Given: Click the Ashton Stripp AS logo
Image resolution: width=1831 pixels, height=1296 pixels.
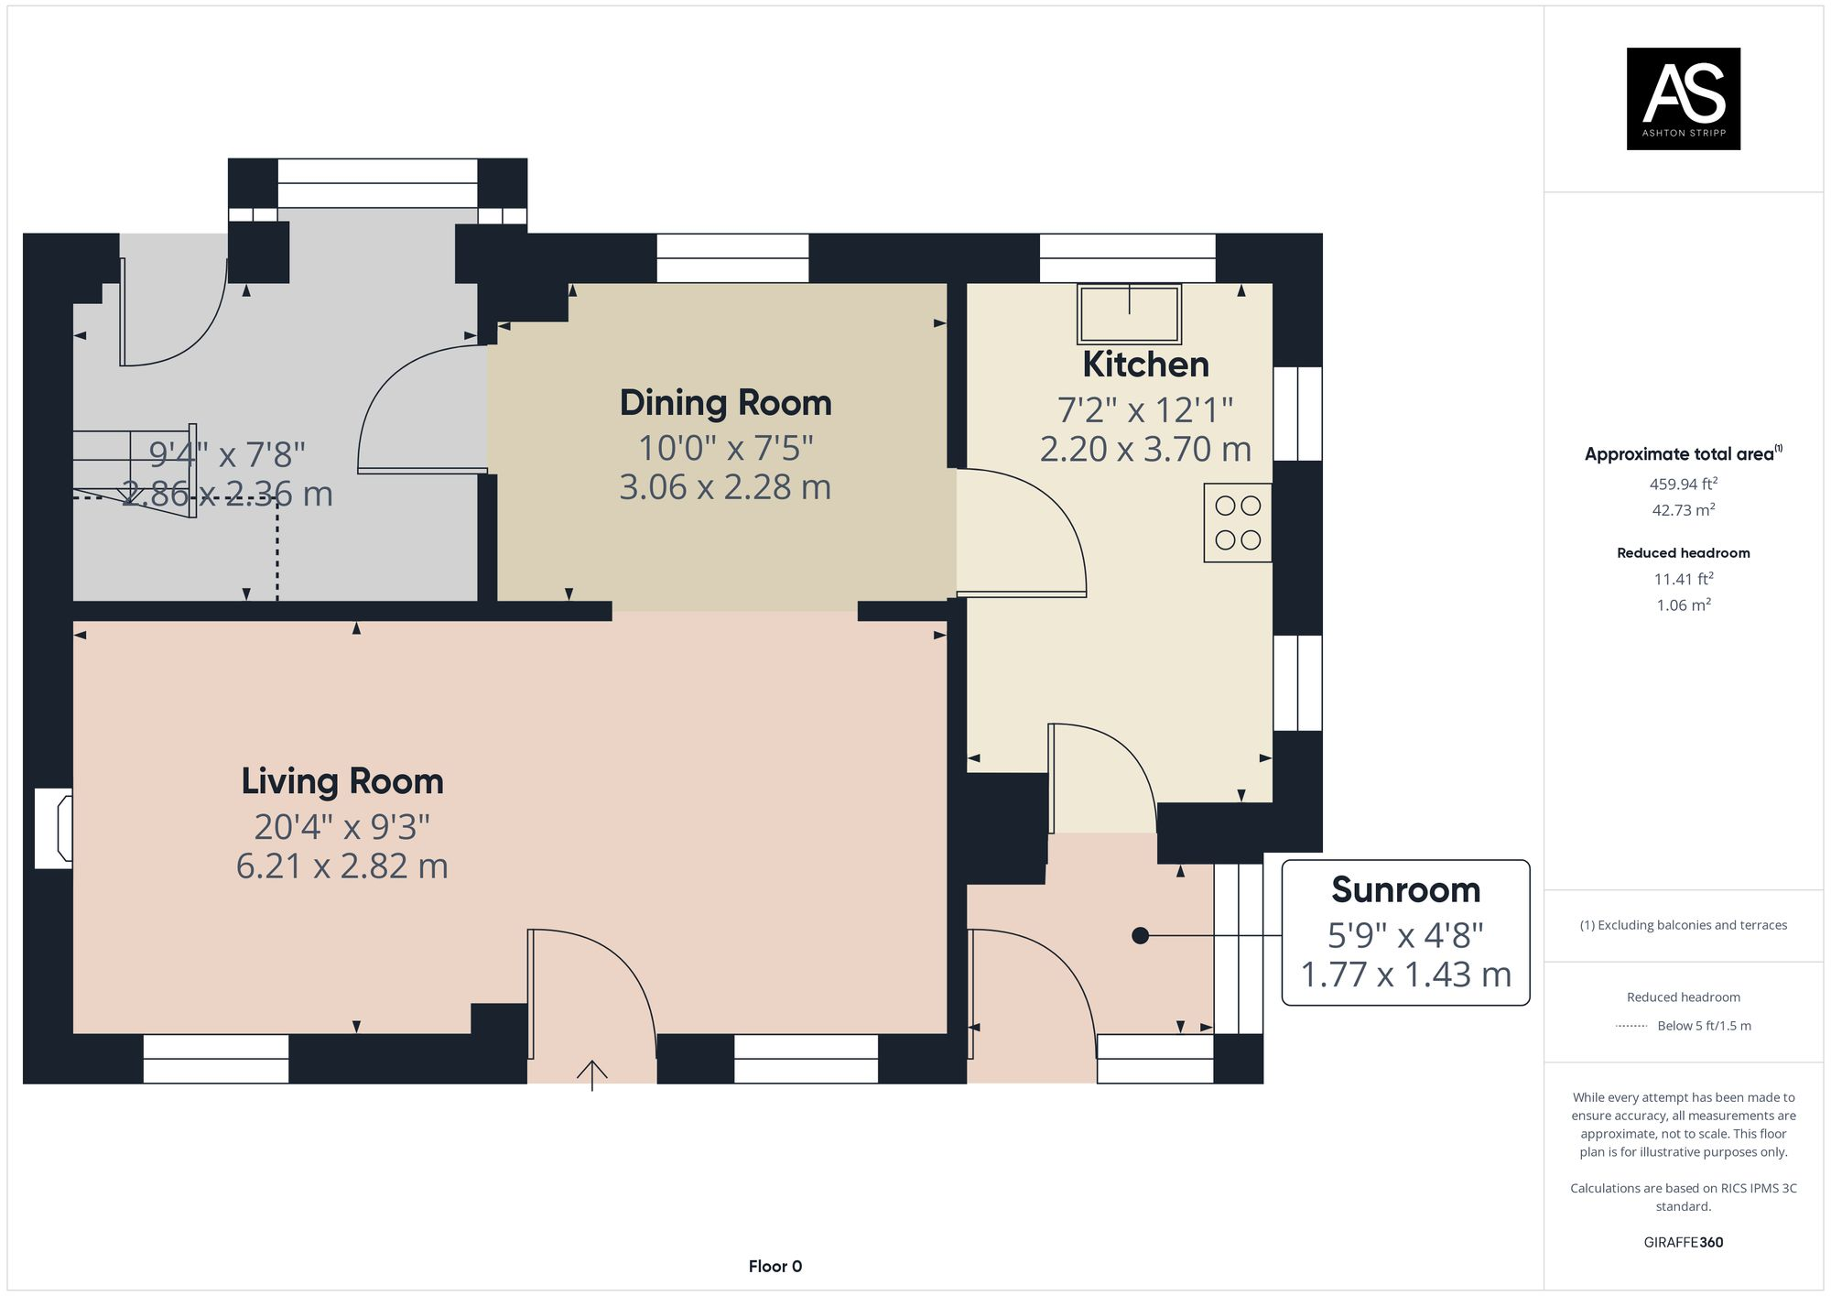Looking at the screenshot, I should coord(1683,99).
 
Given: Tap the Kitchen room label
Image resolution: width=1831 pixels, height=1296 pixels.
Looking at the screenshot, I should coord(1145,365).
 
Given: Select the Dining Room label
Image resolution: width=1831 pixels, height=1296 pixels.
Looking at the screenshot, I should coord(725,403).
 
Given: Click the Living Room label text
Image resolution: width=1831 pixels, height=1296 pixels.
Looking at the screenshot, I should coord(342,781).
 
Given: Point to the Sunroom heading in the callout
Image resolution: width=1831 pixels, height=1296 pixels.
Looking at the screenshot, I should coord(1405,889).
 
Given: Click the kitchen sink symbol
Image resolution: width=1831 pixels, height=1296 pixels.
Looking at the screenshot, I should coord(1129,314).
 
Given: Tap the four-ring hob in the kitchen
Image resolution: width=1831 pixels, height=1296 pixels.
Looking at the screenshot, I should coord(1238,522).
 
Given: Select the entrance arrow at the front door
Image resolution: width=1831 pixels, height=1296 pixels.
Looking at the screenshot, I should coord(592,1074).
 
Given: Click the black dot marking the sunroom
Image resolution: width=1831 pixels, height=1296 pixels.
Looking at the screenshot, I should coord(1140,935).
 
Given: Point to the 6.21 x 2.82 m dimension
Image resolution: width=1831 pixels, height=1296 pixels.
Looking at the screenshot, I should coord(342,866).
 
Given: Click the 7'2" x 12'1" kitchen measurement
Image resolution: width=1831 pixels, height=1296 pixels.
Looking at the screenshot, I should coord(1145,409).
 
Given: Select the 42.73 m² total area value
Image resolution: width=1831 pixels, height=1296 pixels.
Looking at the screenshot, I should coord(1683,510).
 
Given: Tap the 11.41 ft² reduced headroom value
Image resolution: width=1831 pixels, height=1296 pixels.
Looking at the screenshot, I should coord(1683,579).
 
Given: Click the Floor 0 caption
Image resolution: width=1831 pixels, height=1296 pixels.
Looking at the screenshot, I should coord(775,1266).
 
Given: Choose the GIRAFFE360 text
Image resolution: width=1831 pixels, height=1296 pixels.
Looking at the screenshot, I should coord(1683,1242).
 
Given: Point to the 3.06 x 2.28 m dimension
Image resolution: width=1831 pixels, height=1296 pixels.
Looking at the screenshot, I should coord(725,487).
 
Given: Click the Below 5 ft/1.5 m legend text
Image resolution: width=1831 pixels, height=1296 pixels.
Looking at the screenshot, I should coord(1703,1025).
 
